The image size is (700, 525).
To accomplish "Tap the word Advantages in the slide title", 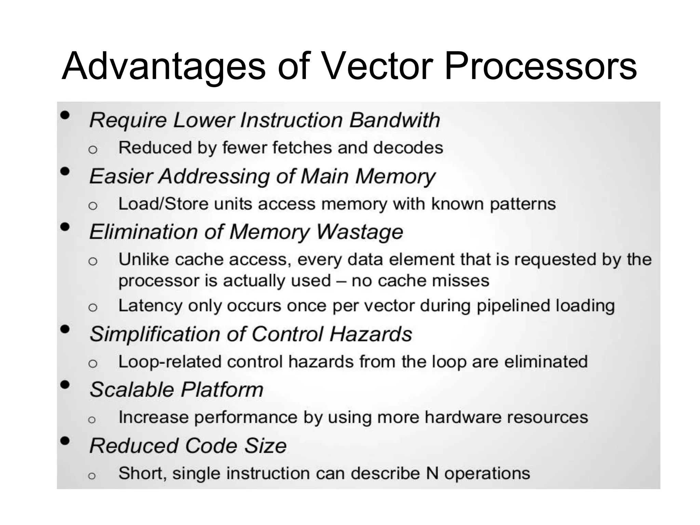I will coord(163,66).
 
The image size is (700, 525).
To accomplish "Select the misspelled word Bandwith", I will coord(394,120).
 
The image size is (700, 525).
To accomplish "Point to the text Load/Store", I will coord(163,204).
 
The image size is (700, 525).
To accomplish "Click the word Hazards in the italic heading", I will coord(371,334).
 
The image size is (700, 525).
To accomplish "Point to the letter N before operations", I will coord(432,474).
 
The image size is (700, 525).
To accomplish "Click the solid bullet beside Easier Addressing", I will coord(65,171).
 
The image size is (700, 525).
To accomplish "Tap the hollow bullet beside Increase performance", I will coord(92,419).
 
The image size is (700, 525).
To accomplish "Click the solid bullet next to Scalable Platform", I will coord(65,385).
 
